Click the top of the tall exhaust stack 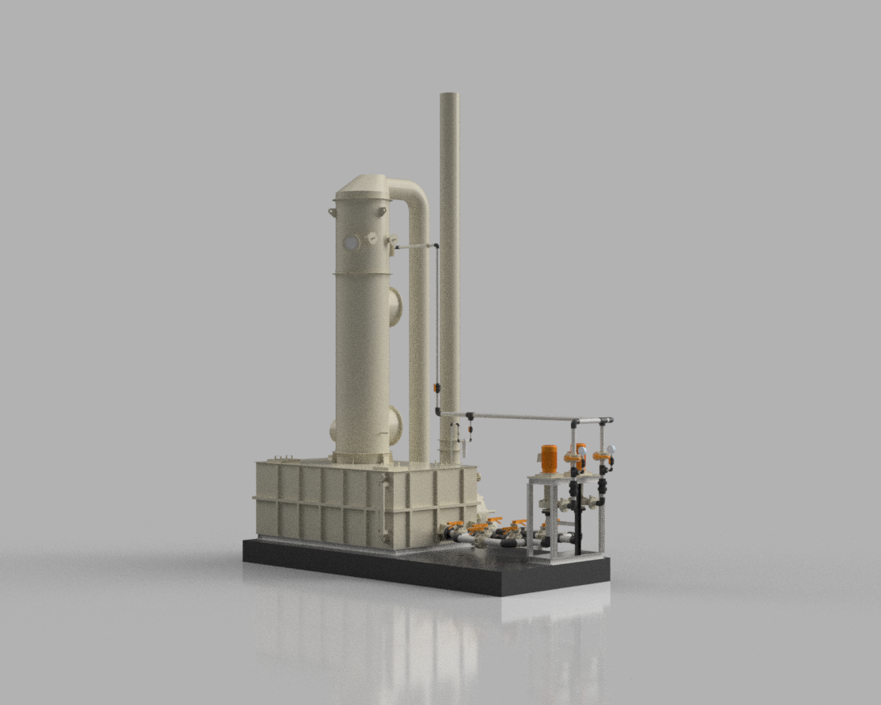point(449,97)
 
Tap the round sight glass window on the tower point(352,241)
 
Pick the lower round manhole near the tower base point(395,423)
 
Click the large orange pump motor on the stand point(548,459)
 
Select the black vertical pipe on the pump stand point(577,516)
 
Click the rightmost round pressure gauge point(611,450)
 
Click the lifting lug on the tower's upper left point(332,212)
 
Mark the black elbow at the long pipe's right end point(608,421)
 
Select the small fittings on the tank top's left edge point(278,459)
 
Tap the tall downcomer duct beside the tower point(419,338)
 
